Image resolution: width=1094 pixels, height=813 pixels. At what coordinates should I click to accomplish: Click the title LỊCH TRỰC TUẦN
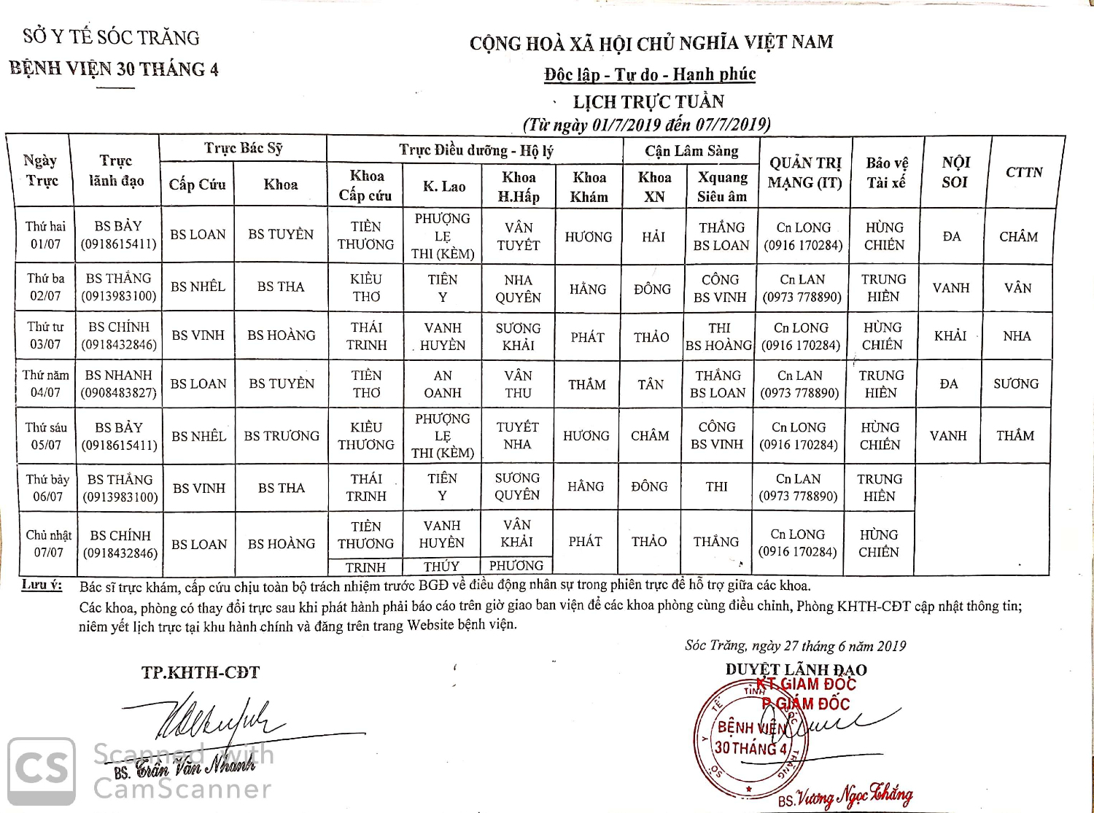click(x=648, y=101)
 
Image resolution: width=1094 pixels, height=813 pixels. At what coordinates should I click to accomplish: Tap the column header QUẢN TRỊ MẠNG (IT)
click(x=804, y=173)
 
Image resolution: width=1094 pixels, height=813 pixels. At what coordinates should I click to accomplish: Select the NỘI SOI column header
click(x=955, y=172)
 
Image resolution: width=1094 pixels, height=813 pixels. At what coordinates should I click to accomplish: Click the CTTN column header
click(x=1024, y=172)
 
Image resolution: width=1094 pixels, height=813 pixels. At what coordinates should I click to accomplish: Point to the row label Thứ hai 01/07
click(x=46, y=235)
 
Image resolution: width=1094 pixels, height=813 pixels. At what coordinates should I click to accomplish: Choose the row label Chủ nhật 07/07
click(x=48, y=544)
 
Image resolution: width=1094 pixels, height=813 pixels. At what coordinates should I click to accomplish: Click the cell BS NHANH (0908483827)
click(x=119, y=384)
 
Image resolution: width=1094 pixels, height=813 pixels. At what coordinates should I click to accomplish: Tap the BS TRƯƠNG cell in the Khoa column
click(x=282, y=436)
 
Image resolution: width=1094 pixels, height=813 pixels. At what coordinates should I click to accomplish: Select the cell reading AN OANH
click(x=443, y=384)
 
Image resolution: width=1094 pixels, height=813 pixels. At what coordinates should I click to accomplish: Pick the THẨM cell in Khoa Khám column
click(x=587, y=384)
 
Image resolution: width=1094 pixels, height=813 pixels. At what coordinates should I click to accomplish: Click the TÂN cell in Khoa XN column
click(x=651, y=384)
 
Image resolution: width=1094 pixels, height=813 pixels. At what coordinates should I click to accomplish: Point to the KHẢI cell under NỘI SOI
click(x=950, y=335)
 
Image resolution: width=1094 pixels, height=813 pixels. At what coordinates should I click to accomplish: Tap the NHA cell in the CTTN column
click(x=1017, y=336)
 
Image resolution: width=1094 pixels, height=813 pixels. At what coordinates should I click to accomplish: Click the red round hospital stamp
click(x=751, y=738)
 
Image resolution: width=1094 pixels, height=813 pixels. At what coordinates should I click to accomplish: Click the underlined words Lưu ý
click(x=42, y=585)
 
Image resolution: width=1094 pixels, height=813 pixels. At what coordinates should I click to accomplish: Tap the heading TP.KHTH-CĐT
click(x=201, y=672)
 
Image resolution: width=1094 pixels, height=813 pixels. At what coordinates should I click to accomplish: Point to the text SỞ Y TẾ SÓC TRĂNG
click(x=111, y=37)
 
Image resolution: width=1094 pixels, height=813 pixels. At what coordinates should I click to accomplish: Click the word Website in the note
click(x=431, y=625)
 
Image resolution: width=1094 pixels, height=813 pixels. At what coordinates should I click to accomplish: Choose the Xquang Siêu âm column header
click(x=722, y=187)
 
